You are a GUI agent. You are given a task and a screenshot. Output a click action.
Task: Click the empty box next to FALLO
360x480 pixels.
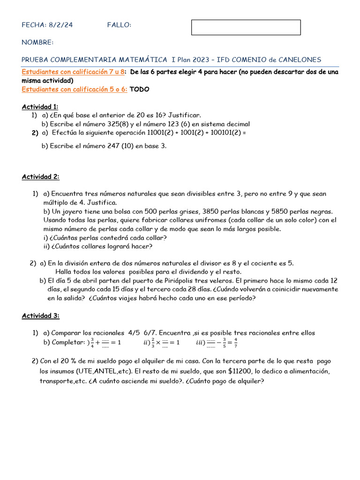point(246,27)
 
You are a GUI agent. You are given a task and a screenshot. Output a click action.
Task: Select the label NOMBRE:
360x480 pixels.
point(37,43)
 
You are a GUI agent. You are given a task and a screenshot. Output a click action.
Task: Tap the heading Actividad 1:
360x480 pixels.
point(40,106)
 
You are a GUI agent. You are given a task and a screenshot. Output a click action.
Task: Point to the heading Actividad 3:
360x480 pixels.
point(40,316)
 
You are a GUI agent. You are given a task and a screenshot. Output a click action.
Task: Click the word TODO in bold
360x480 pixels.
point(140,90)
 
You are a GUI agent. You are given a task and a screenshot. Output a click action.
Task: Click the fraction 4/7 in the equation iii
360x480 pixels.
point(235,343)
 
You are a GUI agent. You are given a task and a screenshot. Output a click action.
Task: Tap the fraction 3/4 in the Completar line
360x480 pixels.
point(92,343)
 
